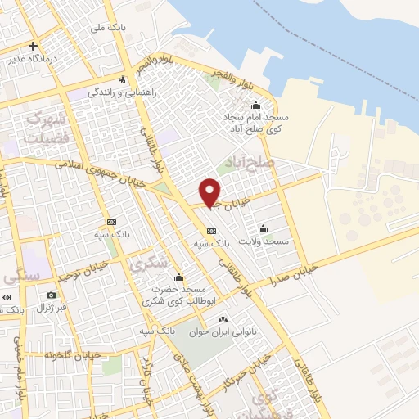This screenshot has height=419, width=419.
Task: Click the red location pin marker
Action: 210,191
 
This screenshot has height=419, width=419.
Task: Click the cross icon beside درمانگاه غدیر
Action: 33,46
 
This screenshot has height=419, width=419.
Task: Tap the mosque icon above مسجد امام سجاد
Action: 255,105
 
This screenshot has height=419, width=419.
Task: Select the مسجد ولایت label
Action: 264,241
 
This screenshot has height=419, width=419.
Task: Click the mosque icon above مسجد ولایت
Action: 263,228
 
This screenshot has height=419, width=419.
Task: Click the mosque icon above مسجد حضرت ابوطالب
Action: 178,277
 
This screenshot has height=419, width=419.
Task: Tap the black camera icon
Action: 51,295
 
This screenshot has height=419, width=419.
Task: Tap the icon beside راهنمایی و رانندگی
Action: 122,79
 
